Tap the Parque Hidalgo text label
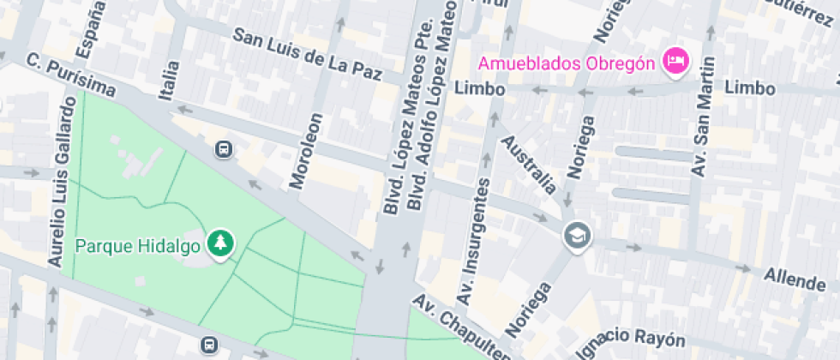click(137, 247)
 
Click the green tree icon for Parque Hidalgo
click(221, 243)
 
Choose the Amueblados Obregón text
click(566, 63)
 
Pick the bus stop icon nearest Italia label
click(224, 148)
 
